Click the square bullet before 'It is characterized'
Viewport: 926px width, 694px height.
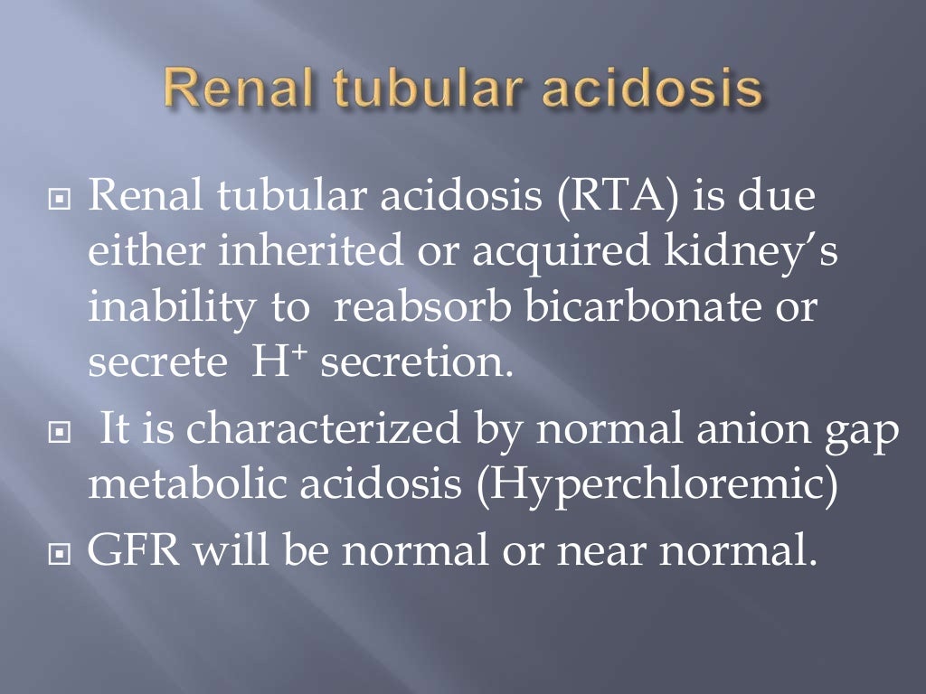[x=61, y=429]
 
